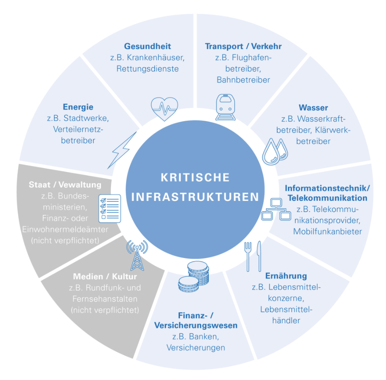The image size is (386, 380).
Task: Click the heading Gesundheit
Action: [x=147, y=46]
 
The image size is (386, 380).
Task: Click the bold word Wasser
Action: [x=313, y=107]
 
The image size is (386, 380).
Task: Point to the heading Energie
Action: [x=78, y=107]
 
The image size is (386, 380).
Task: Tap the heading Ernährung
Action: [x=286, y=276]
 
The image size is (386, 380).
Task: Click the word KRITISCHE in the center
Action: [x=195, y=177]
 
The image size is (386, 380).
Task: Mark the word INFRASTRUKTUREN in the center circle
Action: [x=195, y=197]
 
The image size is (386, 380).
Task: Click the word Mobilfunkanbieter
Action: [x=327, y=232]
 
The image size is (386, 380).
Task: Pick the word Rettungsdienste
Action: [x=147, y=68]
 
